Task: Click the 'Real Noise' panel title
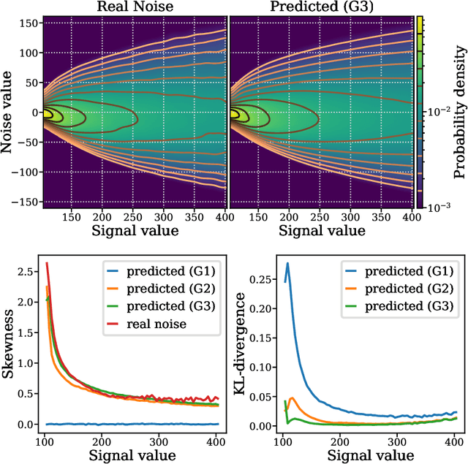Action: tap(134, 7)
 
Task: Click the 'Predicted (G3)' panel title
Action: tap(321, 7)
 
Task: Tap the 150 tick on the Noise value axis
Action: tap(29, 23)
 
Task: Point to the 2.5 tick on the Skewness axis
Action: tap(29, 271)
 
